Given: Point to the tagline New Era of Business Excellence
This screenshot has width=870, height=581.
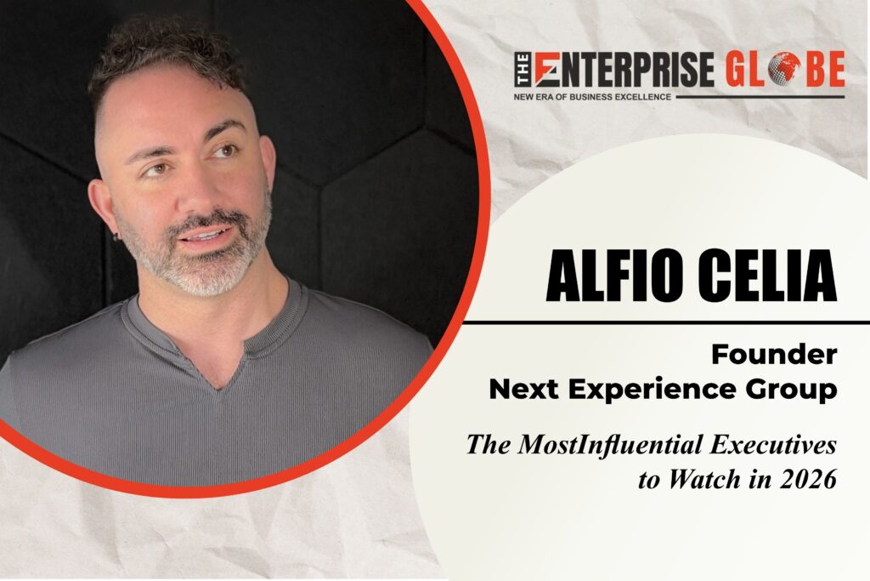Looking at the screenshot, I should coord(592,97).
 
